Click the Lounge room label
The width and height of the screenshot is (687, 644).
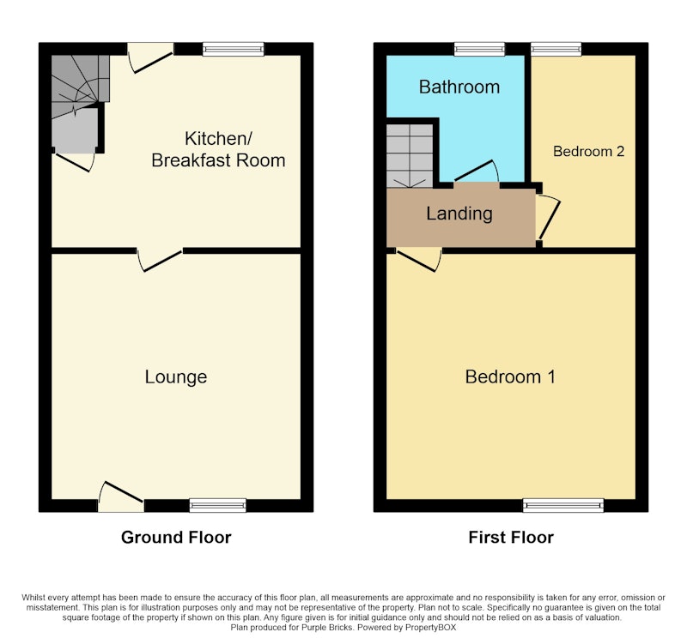point(176,377)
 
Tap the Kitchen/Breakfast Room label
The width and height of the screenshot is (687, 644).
point(218,149)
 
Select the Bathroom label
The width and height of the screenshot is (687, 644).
point(459,87)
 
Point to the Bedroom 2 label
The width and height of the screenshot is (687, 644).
point(588,152)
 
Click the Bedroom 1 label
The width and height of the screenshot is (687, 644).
point(510,377)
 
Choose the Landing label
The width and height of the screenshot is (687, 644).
point(459,214)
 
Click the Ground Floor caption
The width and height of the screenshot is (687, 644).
point(176,538)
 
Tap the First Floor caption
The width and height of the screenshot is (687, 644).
point(511,538)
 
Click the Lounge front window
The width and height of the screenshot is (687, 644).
point(218,505)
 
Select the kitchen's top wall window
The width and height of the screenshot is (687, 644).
point(234,49)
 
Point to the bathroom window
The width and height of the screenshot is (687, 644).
point(480,49)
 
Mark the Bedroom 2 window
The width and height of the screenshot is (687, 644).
point(556,49)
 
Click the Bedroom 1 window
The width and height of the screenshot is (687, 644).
point(563,505)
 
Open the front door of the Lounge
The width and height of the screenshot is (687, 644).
point(121,497)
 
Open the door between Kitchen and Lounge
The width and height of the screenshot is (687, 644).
point(160,260)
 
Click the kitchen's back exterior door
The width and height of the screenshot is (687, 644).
point(151,57)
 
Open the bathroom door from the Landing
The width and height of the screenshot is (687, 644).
point(477,172)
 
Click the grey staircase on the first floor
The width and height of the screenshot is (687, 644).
point(410,156)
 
